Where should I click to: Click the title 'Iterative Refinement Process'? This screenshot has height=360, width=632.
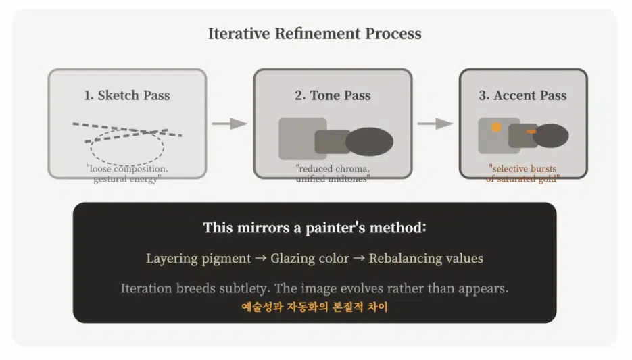[314, 34]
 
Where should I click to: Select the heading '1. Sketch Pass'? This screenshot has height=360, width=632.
[127, 95]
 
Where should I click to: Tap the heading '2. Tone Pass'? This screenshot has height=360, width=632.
[333, 95]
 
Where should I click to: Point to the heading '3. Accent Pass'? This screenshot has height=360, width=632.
[522, 95]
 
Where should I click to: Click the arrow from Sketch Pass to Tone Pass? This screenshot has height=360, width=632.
[230, 124]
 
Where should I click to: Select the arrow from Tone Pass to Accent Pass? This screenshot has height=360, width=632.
[435, 124]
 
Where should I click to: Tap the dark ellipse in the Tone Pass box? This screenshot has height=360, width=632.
[369, 142]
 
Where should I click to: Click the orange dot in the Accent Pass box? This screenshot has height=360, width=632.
[496, 127]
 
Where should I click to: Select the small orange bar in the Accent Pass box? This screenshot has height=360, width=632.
[531, 132]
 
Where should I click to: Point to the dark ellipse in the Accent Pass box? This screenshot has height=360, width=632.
[551, 135]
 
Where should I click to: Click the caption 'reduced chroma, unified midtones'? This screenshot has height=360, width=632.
[333, 174]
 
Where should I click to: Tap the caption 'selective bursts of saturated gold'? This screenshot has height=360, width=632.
[522, 174]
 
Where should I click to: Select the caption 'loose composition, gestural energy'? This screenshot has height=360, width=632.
[127, 174]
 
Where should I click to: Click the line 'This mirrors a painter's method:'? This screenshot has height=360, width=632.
[314, 228]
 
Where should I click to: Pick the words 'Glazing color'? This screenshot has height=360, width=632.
[310, 259]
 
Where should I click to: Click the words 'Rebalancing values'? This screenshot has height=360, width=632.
[426, 259]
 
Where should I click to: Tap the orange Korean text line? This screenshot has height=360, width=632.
[314, 307]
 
